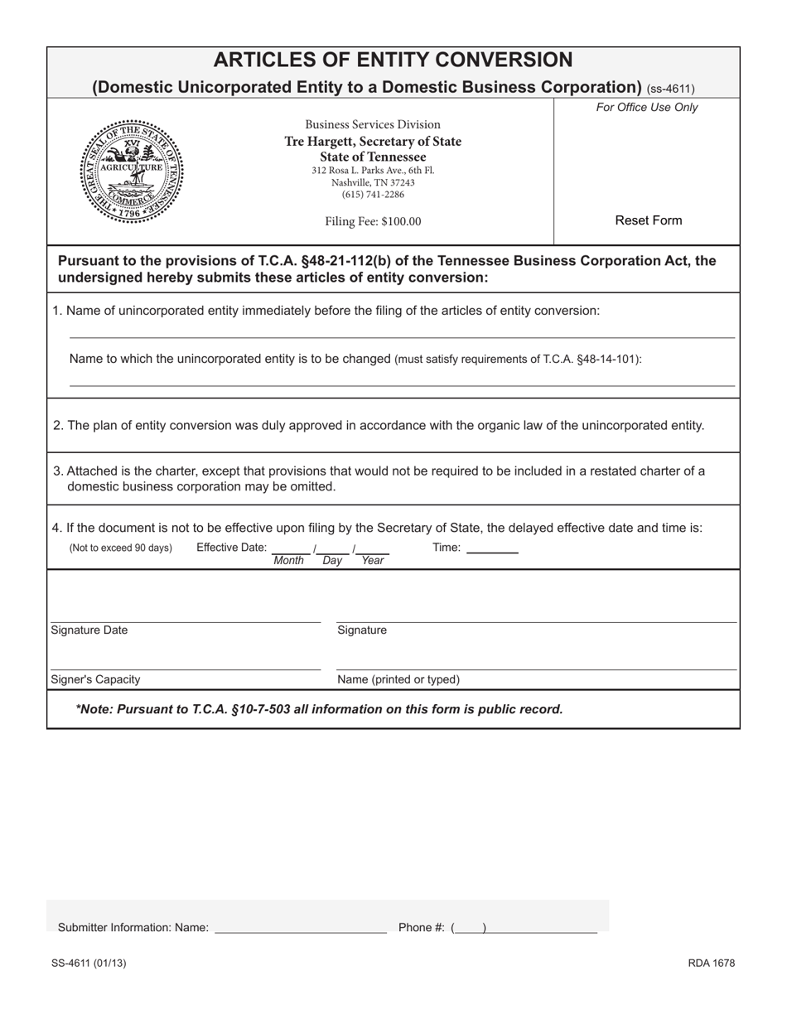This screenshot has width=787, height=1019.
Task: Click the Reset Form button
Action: pos(648,220)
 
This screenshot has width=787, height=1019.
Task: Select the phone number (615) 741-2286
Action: pos(373,195)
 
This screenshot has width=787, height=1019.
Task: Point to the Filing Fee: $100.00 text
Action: pos(373,221)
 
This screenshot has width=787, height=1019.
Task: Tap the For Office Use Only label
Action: pos(647,107)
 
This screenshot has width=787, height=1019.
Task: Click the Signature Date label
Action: pos(89,630)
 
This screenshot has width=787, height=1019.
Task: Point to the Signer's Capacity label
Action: pos(95,679)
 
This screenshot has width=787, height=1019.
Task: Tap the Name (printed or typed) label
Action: pos(398,679)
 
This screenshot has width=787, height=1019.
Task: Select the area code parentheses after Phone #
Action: pos(469,928)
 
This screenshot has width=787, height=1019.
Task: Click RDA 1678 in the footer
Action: pos(711,963)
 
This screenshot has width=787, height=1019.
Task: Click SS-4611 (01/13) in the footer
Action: pos(89,963)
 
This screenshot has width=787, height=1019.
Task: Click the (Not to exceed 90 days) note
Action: pos(121,548)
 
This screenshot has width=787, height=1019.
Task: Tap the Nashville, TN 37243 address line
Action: pos(373,182)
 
